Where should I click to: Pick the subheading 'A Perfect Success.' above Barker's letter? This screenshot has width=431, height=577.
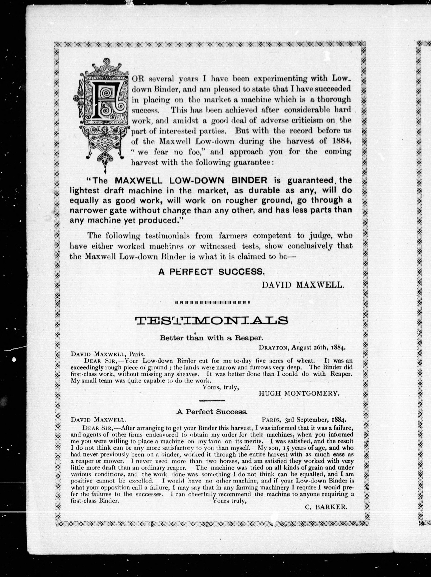tap(212, 412)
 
